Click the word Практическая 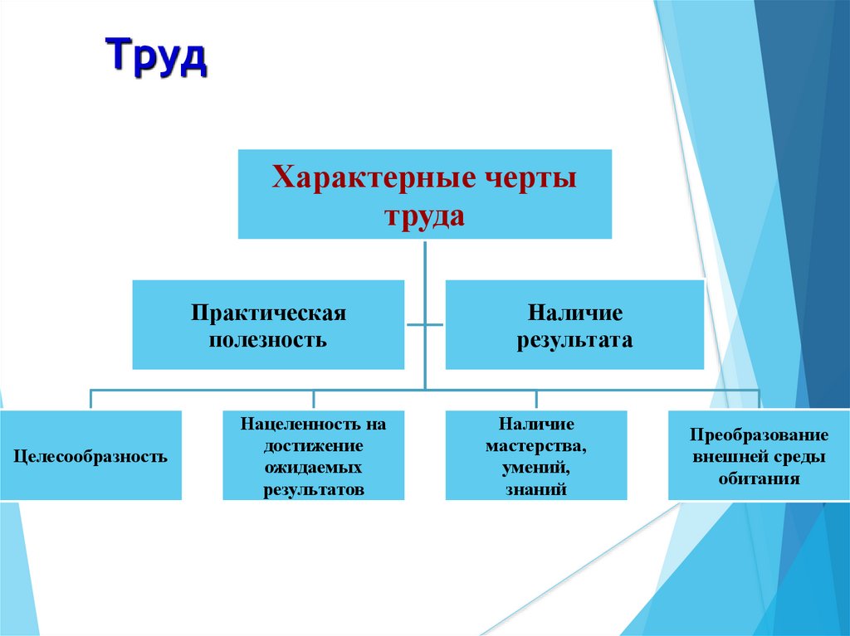pyautogui.click(x=268, y=313)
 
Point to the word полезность pyautogui.click(x=268, y=340)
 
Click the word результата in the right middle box pyautogui.click(x=574, y=340)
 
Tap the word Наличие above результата pyautogui.click(x=574, y=313)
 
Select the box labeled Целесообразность pyautogui.click(x=90, y=455)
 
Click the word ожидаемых pyautogui.click(x=314, y=467)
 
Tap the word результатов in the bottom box pyautogui.click(x=314, y=489)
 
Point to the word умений pyautogui.click(x=536, y=467)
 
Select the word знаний pyautogui.click(x=536, y=489)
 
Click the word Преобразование pyautogui.click(x=759, y=435)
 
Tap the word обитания pyautogui.click(x=759, y=478)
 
